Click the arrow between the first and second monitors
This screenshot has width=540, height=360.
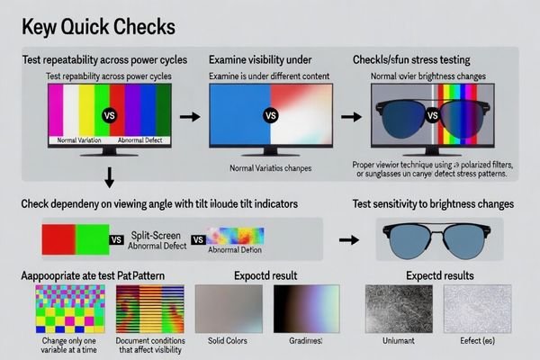click(189, 117)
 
